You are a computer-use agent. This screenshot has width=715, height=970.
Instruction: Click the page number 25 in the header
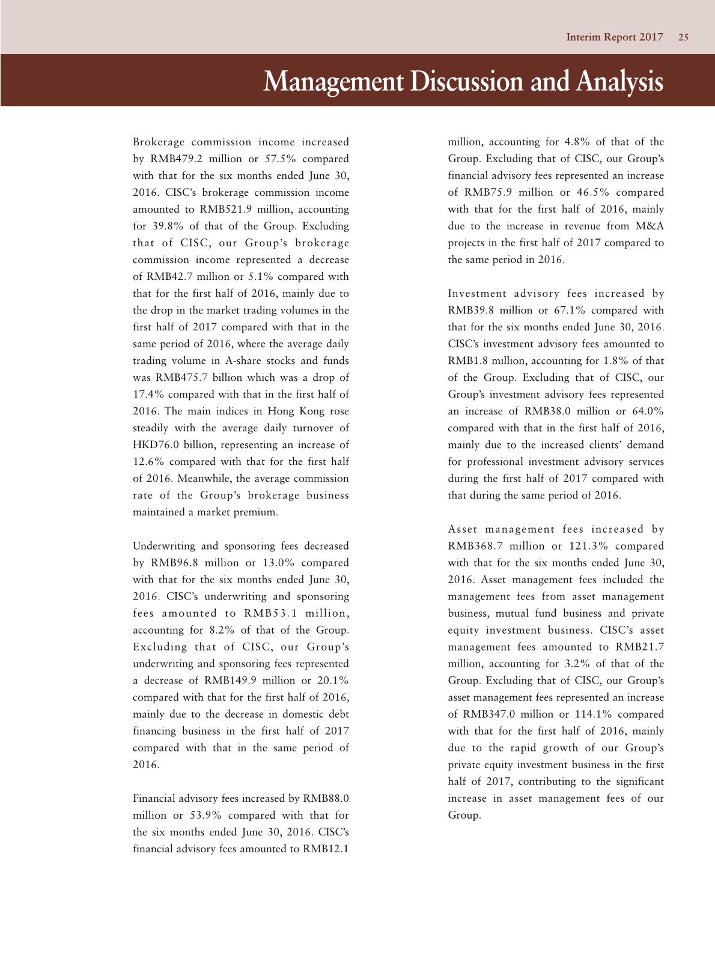pos(683,37)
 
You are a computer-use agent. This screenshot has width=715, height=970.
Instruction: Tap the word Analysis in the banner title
pos(619,81)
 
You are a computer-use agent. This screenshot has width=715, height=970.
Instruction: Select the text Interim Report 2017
pos(614,37)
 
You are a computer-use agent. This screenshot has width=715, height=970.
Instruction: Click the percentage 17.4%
pos(147,395)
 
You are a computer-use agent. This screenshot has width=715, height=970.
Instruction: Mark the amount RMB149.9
pos(232,681)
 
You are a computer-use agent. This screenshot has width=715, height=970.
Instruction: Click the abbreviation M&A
pos(648,226)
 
